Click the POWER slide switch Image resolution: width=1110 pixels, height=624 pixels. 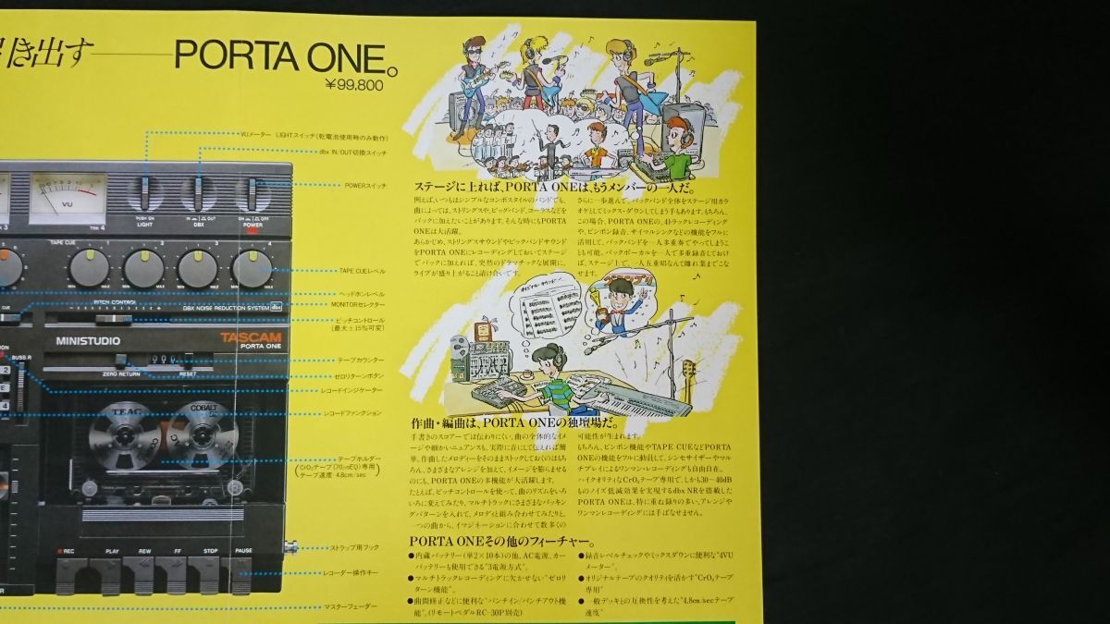click(251, 194)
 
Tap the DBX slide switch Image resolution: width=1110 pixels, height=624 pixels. click(197, 194)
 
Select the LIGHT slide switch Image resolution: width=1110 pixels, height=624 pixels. click(145, 194)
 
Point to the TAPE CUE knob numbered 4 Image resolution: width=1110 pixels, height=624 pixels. click(251, 268)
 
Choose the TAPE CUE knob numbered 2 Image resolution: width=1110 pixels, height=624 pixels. click(143, 268)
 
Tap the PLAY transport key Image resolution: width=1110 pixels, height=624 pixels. click(111, 573)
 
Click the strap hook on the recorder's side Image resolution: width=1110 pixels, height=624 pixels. click(290, 547)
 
